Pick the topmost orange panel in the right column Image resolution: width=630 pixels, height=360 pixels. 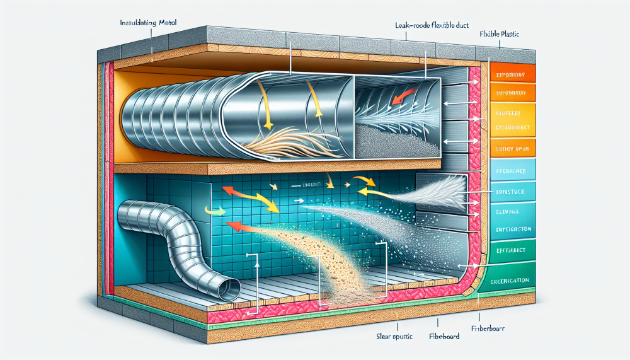point(512,73)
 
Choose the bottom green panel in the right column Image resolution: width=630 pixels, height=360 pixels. point(510,280)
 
